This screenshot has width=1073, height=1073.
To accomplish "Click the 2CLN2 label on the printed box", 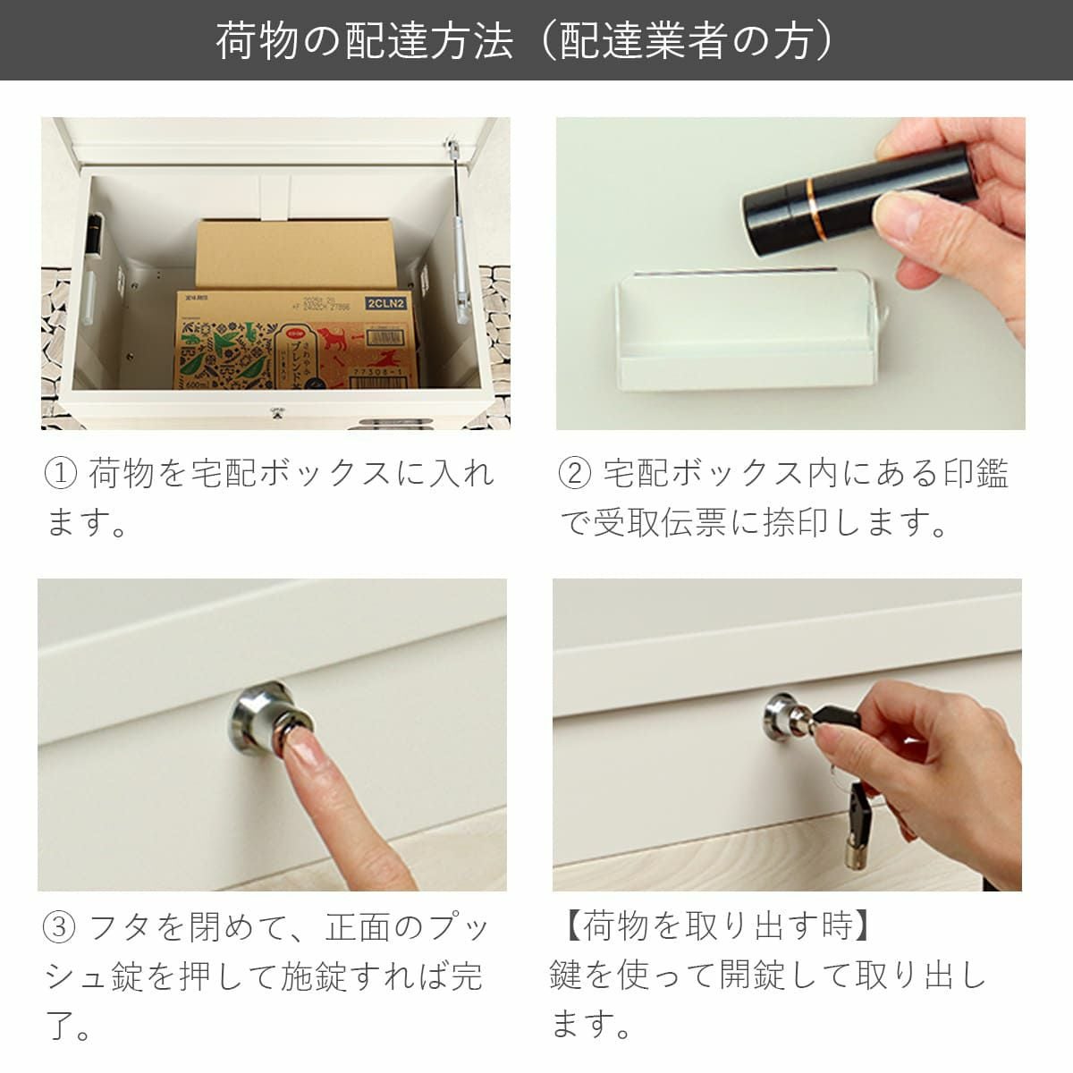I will point(385,303).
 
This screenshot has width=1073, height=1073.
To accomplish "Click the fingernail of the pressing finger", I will point(299,748).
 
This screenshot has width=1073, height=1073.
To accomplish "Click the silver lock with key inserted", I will point(778,714).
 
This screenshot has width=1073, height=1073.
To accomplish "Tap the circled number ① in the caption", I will point(62,473).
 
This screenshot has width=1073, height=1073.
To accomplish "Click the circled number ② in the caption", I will point(575,473).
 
